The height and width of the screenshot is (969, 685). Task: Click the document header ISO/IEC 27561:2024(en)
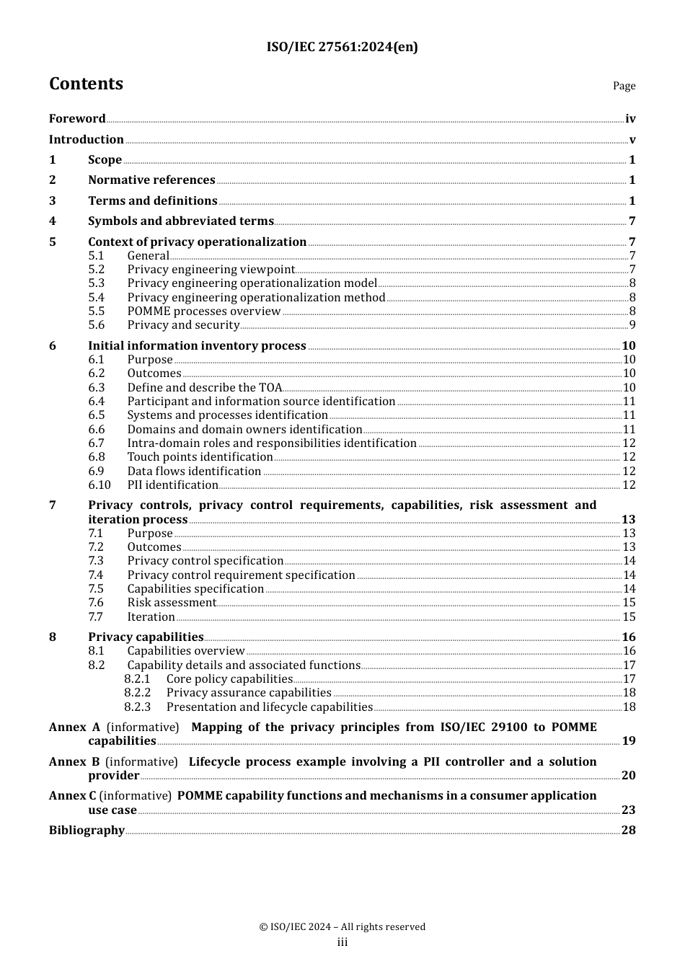(x=342, y=47)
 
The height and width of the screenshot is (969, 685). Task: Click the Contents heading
(x=86, y=84)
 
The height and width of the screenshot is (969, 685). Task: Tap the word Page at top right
(x=624, y=86)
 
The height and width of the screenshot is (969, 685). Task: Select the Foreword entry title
(x=77, y=119)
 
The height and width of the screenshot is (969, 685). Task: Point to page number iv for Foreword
(x=630, y=119)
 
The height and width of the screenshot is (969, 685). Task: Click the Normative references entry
(x=151, y=180)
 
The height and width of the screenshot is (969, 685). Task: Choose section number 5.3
(x=97, y=283)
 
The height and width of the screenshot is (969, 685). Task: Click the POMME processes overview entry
(x=204, y=311)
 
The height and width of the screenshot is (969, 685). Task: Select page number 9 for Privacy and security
(x=632, y=325)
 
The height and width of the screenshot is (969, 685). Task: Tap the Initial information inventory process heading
(x=197, y=346)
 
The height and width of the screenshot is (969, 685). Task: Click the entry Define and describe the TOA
(x=205, y=388)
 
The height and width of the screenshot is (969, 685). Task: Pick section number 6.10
(x=100, y=485)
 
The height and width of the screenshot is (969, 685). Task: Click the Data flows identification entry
(x=194, y=472)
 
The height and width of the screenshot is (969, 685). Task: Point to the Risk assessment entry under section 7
(x=172, y=603)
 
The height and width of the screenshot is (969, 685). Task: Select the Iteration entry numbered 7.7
(x=151, y=617)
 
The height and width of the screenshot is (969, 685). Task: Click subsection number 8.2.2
(x=137, y=693)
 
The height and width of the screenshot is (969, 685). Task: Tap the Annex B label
(x=74, y=762)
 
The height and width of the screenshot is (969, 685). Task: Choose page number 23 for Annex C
(x=629, y=810)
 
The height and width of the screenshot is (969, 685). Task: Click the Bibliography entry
(x=87, y=831)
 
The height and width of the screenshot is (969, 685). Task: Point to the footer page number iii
(x=342, y=942)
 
